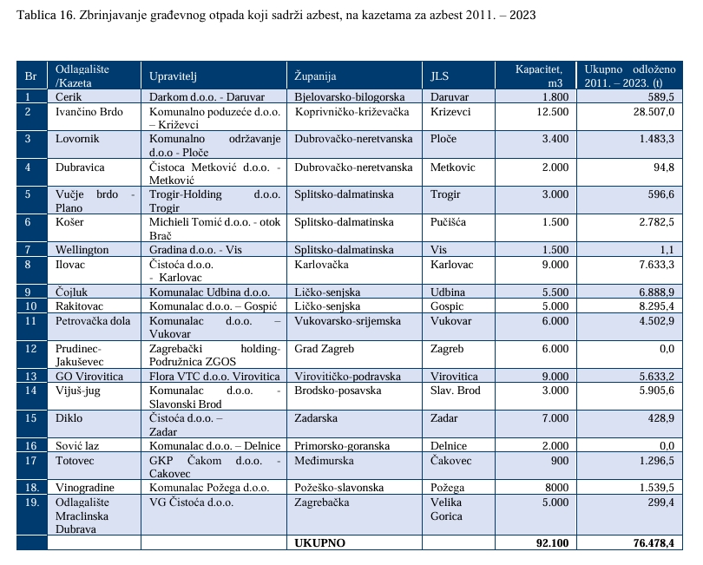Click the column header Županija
point(315,76)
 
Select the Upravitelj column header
point(174,76)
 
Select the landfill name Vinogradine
point(85,487)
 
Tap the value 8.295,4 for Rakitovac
point(652,306)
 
